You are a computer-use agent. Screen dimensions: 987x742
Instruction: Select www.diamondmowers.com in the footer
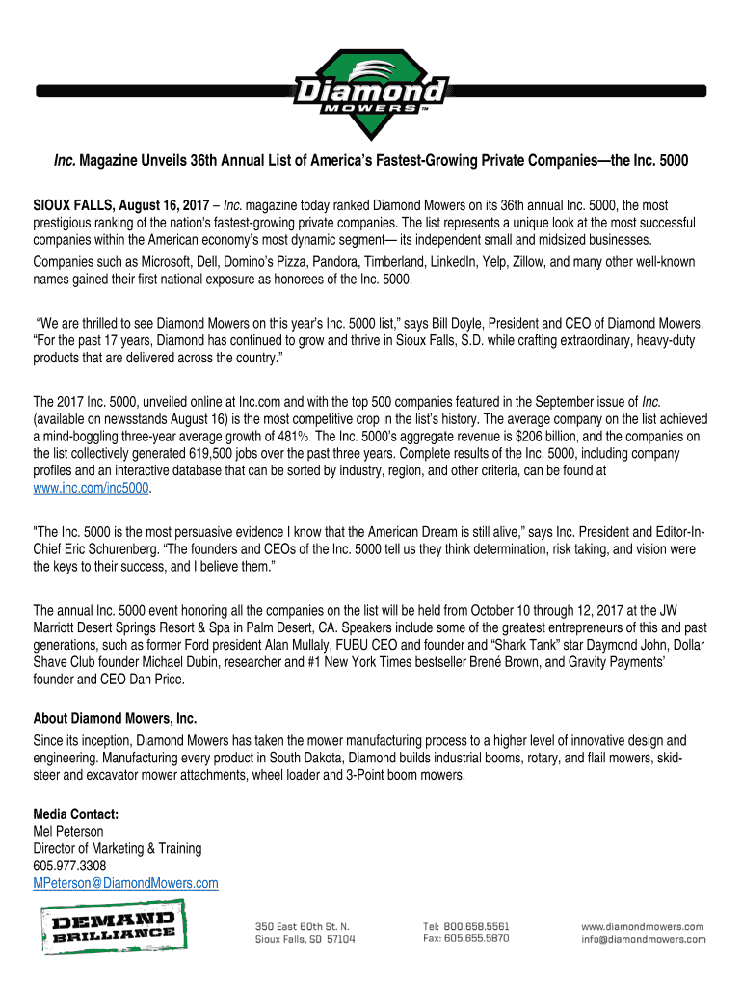(642, 926)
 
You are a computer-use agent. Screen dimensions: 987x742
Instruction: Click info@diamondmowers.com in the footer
(642, 938)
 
